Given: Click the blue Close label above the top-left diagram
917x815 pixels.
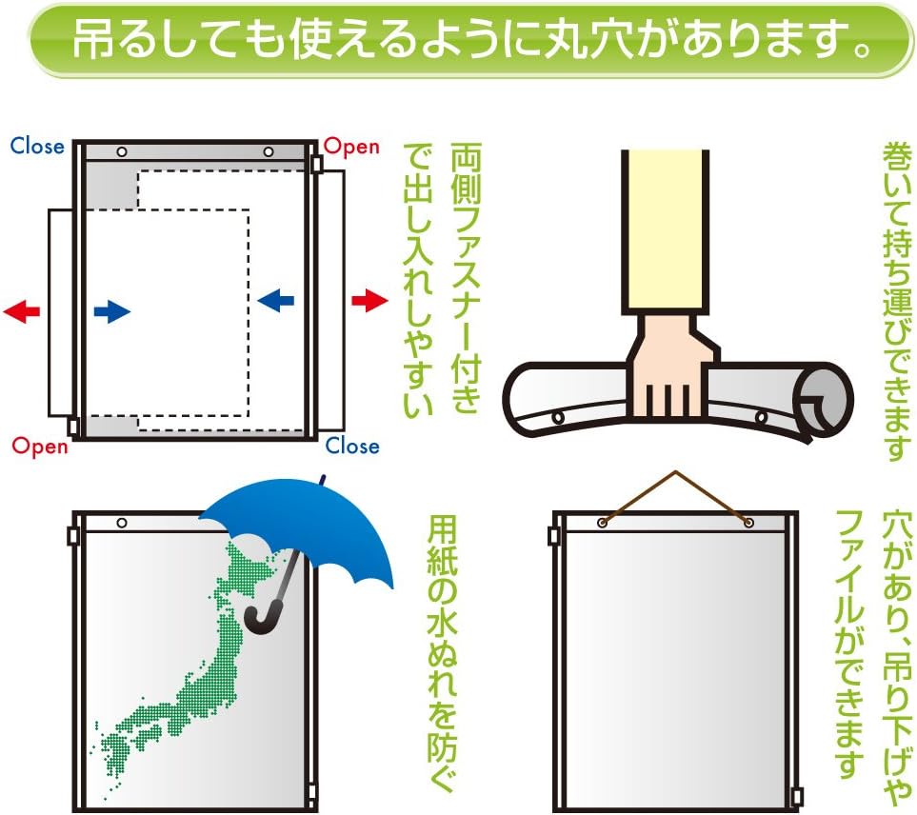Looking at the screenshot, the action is [37, 146].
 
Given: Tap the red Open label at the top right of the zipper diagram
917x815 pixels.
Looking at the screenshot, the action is [351, 147].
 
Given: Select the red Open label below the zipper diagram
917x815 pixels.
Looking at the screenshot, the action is [40, 447].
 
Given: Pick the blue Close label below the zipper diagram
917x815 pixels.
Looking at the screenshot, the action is [352, 446].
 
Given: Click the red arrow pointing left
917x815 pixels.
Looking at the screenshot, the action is [22, 310].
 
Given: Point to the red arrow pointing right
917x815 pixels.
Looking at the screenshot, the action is [369, 301].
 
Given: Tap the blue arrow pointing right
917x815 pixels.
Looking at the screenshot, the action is [111, 311].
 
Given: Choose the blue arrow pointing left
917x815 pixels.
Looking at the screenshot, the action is [275, 301].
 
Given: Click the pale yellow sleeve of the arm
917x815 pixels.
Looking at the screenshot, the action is [665, 232].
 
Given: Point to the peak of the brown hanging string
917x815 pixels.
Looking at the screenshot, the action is [676, 471].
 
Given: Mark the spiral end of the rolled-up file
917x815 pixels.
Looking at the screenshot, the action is [822, 400].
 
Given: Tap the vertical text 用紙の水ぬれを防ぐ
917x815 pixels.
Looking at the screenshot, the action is [442, 652].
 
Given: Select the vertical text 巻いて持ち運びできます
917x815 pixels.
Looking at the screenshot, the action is [897, 302].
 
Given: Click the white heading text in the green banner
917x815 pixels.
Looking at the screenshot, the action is [471, 40].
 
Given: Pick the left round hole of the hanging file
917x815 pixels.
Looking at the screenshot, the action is [603, 523].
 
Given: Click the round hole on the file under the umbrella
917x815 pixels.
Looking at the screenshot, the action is [122, 523].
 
